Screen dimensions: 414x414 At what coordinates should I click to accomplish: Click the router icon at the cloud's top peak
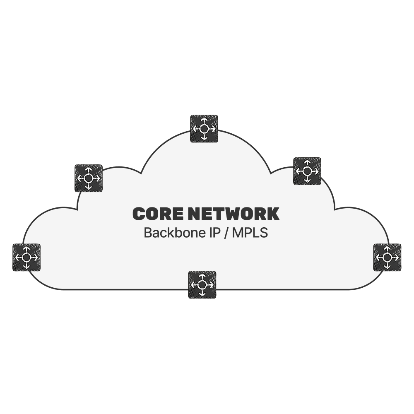coord(204,129)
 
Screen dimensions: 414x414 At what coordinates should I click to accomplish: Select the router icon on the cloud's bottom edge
coord(202,285)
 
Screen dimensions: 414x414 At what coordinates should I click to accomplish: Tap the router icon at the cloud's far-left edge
coord(26,257)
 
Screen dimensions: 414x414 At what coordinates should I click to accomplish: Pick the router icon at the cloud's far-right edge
coord(387,257)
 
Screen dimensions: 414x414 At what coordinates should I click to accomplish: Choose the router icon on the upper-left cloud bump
coord(89,178)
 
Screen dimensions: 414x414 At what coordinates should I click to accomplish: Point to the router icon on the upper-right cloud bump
coord(307,171)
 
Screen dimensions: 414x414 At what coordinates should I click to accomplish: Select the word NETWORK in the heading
coord(233,214)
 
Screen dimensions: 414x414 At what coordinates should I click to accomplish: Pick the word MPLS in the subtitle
coord(250,233)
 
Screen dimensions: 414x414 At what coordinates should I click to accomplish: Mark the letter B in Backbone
coord(148,233)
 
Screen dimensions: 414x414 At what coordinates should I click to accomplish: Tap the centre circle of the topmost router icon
coord(204,129)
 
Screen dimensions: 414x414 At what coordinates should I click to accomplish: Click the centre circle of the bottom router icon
coord(202,285)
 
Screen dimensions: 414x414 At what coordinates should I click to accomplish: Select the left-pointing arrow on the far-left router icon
coord(19,257)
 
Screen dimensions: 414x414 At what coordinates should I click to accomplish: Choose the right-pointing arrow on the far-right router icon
coord(395,257)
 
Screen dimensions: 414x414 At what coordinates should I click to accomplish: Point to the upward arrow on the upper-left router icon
coord(89,171)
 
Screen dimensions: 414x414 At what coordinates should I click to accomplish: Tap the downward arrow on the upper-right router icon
coord(307,179)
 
